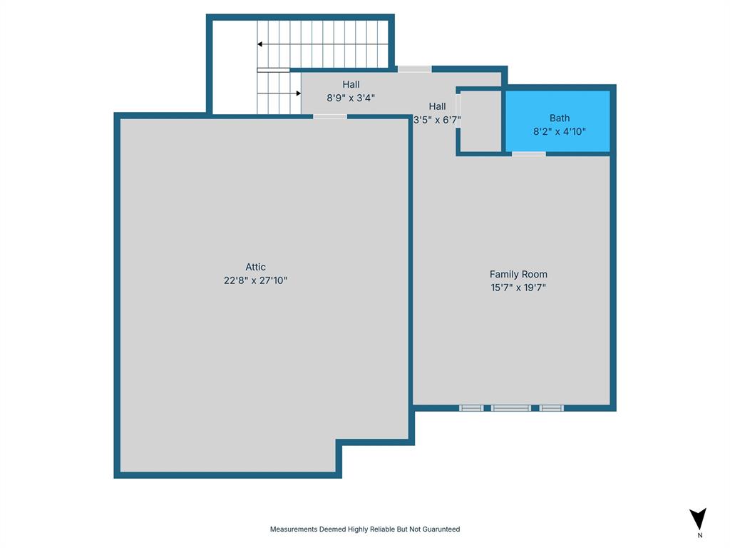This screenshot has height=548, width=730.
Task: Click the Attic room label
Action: (256, 267)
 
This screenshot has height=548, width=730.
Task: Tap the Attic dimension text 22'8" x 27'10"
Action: (256, 280)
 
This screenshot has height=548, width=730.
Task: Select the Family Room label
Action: (518, 275)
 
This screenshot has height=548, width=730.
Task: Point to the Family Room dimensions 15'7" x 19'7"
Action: (518, 288)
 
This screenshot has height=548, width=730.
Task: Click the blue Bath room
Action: (557, 121)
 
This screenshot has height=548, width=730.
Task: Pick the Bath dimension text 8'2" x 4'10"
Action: (559, 131)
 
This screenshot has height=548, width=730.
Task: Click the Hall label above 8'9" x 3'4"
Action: (351, 84)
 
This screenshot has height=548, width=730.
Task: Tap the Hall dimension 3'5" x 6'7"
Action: (437, 120)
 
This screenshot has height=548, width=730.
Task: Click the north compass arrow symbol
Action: (698, 518)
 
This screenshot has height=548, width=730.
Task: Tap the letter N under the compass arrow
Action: (700, 535)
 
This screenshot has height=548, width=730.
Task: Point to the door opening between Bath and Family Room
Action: (529, 154)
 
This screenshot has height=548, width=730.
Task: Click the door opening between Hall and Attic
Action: (329, 116)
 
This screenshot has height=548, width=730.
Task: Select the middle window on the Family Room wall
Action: (510, 408)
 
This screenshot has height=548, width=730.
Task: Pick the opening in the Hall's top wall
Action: (414, 69)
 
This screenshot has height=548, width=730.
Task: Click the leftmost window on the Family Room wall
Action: (471, 408)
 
